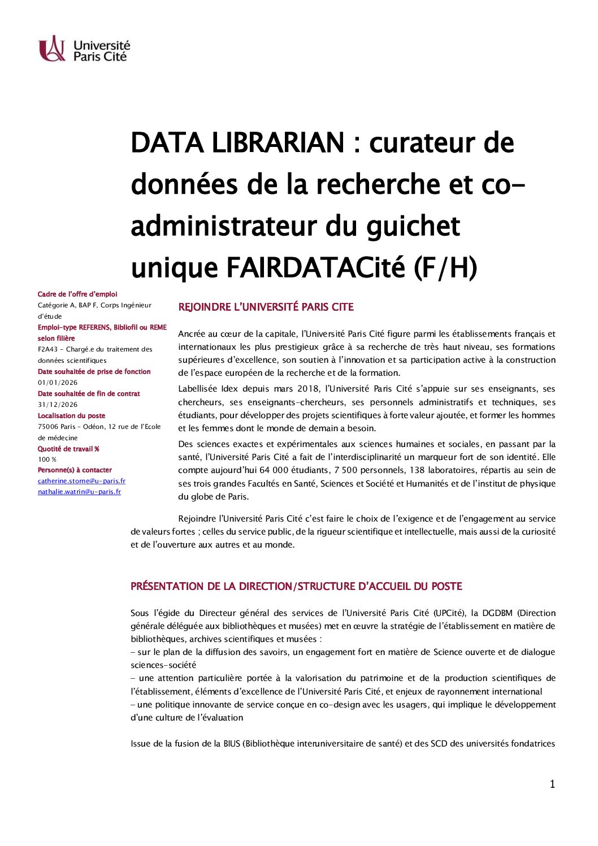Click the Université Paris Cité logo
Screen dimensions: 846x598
point(84,49)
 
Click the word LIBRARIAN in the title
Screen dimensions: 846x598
point(278,142)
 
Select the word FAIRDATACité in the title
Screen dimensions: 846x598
point(316,268)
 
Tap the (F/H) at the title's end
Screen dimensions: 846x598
point(445,268)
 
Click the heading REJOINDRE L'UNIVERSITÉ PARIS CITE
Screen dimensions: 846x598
point(266,307)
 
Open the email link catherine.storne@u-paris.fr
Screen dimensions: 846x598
point(81,481)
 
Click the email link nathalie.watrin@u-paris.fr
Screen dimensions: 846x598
point(79,492)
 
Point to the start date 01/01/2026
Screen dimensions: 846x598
point(58,383)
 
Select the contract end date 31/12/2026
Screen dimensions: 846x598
point(58,405)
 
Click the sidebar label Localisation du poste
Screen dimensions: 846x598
point(71,415)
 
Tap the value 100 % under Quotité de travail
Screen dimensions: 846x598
point(47,459)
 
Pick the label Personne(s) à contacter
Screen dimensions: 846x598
point(75,470)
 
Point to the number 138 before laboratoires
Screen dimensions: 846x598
point(417,470)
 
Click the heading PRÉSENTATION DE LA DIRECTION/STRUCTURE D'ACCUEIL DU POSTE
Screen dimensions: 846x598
point(296,587)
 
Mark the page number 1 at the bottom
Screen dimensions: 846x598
point(552,784)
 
